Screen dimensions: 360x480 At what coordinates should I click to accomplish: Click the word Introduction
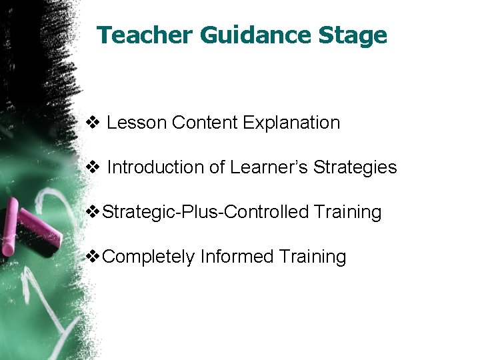155,167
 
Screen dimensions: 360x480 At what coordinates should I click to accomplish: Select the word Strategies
355,168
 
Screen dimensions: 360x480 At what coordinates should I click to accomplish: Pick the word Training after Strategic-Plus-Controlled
347,213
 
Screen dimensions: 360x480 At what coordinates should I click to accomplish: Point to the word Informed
237,257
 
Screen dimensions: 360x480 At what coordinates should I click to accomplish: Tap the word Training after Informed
313,257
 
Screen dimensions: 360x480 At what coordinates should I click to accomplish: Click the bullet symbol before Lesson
93,123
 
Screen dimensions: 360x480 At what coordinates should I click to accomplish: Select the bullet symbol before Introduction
93,167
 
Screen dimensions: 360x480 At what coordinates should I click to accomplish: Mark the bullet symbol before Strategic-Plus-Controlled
95,213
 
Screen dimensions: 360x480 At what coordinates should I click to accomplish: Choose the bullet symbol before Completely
95,257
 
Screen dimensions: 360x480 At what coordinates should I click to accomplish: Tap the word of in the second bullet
217,167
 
